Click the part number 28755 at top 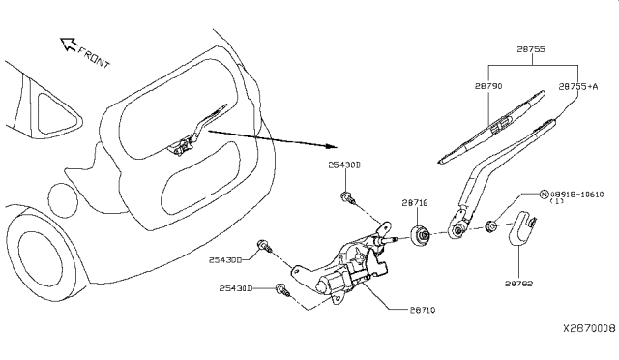531,48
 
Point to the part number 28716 414,203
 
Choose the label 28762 520,285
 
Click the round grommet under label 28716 423,235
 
